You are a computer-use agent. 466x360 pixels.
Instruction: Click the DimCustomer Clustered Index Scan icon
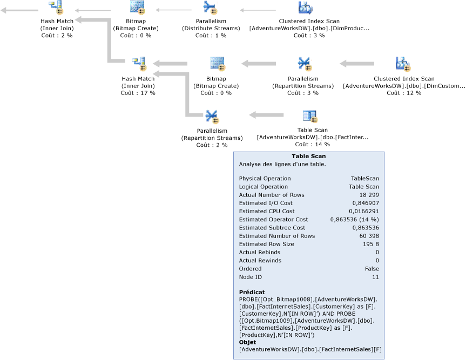click(x=403, y=64)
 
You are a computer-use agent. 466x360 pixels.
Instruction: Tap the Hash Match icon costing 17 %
click(x=139, y=64)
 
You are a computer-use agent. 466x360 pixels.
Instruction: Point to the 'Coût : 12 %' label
click(x=404, y=93)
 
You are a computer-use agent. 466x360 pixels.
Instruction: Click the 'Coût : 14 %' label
click(x=312, y=144)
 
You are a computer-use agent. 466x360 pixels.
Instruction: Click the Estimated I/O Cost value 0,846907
click(x=364, y=203)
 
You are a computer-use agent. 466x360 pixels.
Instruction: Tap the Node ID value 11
click(x=375, y=277)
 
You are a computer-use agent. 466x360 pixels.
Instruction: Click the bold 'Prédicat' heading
click(x=252, y=292)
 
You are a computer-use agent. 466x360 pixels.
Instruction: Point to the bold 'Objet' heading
click(x=248, y=342)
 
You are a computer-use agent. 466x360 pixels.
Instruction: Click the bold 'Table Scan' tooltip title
click(x=308, y=157)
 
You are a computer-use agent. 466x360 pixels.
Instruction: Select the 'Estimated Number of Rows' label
click(x=276, y=236)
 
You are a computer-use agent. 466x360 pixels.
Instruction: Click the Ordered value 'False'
click(x=372, y=269)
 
